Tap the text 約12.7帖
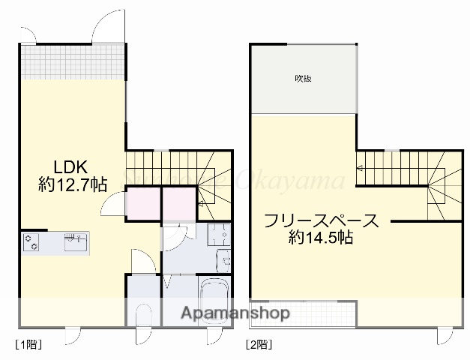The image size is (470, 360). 72,184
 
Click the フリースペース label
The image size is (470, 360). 319,222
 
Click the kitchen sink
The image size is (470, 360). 75,242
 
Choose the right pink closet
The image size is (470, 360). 178,203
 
